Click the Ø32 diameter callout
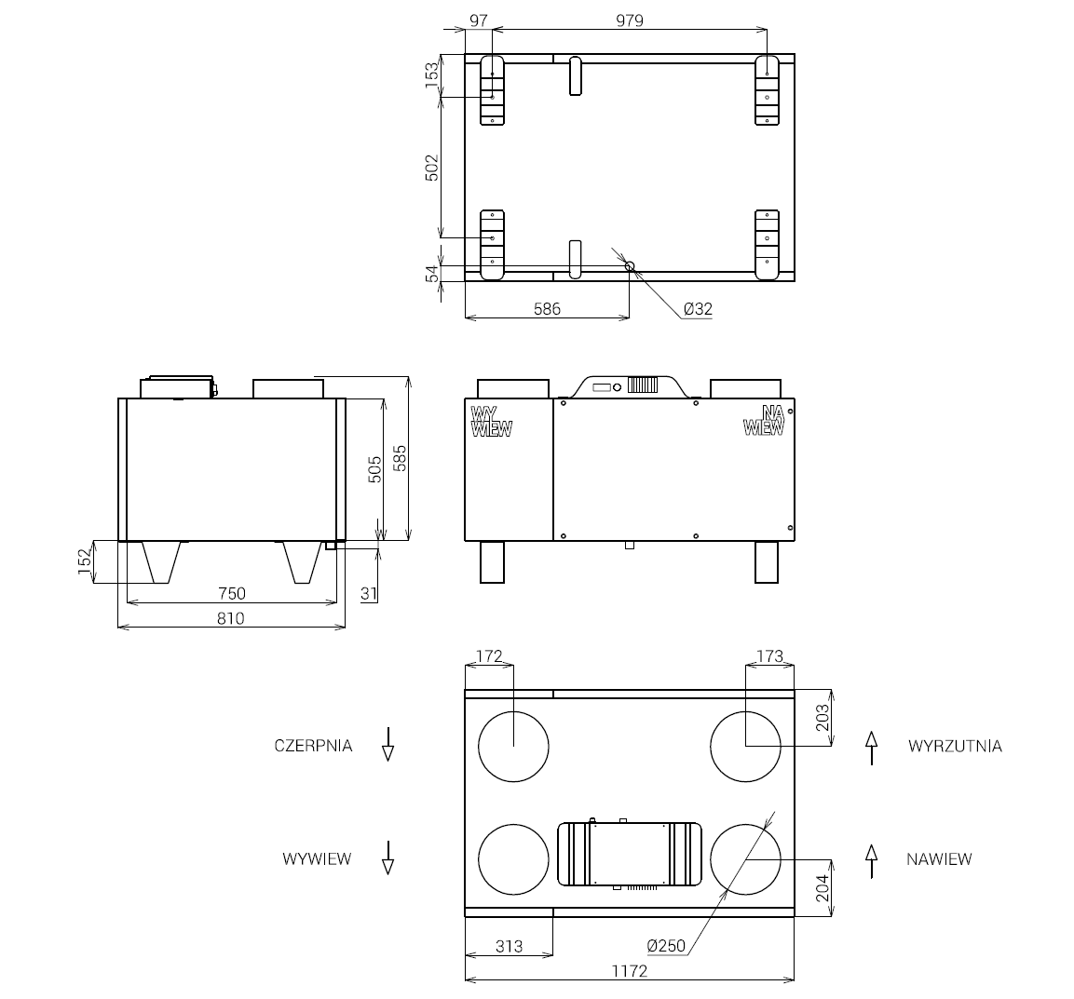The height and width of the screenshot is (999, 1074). [x=697, y=308]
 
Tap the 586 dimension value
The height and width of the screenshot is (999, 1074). [x=547, y=308]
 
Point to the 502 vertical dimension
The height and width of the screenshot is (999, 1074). [x=432, y=168]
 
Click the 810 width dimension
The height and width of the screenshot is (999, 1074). [x=230, y=617]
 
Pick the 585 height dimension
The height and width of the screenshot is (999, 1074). [x=400, y=457]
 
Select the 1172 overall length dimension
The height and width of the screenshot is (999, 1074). [x=629, y=970]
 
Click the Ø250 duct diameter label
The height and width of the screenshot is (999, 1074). [x=666, y=946]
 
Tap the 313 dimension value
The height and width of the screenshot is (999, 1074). [x=509, y=946]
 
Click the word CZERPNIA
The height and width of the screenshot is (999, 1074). [x=313, y=746]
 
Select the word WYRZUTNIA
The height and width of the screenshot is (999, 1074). [x=955, y=746]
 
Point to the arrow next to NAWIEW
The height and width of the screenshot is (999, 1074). [x=872, y=860]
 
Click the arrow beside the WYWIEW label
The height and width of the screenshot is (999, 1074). [x=387, y=857]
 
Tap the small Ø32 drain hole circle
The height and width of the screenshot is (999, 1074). [x=630, y=266]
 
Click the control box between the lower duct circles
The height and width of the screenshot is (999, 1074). [x=629, y=854]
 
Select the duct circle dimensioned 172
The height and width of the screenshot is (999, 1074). [x=513, y=746]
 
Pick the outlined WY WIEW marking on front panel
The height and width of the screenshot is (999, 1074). [x=491, y=422]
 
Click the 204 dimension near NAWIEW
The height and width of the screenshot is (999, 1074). [x=822, y=887]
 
